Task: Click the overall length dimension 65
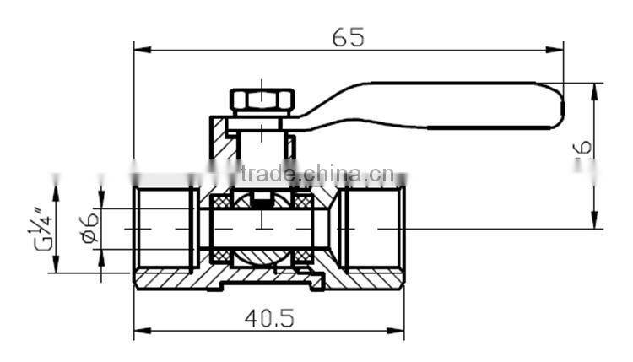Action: pyautogui.click(x=348, y=36)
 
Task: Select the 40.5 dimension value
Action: pyautogui.click(x=268, y=317)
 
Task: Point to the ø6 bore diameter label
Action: pyautogui.click(x=91, y=228)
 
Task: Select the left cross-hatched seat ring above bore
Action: pyautogui.click(x=222, y=203)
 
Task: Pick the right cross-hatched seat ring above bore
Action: pyautogui.click(x=302, y=203)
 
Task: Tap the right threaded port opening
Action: pyautogui.click(x=376, y=229)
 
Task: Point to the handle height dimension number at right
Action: pyautogui.click(x=582, y=149)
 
